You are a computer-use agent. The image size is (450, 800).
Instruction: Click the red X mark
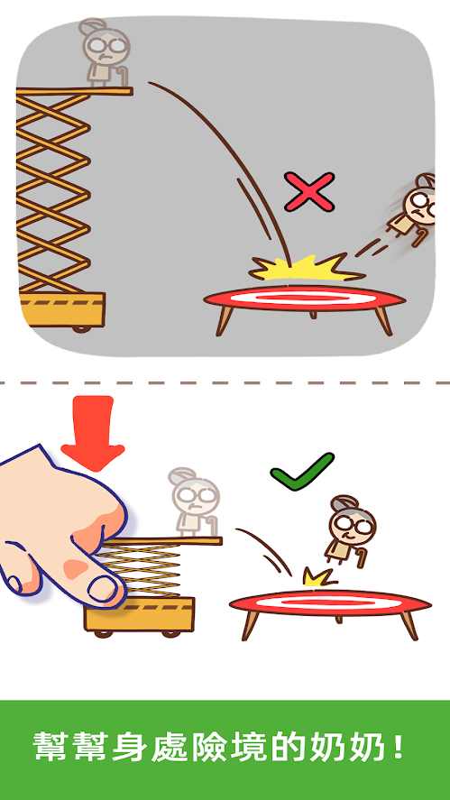coord(309,192)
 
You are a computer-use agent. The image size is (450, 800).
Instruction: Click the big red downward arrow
coord(92,433)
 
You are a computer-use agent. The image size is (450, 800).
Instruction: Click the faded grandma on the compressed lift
coord(195,502)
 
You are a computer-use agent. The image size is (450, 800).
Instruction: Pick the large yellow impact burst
coord(306,267)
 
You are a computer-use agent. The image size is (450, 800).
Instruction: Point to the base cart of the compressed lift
coord(140,616)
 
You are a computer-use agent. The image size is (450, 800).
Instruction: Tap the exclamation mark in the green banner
coord(399,748)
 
